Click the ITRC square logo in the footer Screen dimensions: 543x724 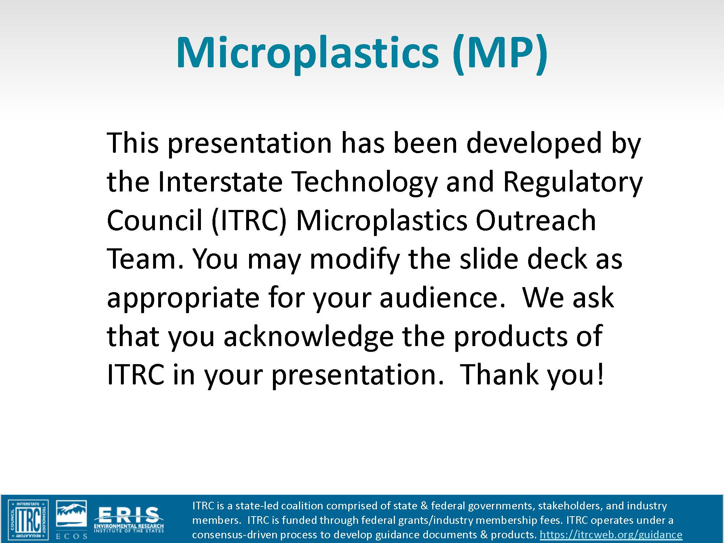point(28,519)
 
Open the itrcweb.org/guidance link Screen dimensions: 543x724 point(611,535)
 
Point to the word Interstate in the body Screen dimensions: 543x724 point(220,182)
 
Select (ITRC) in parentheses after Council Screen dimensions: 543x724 point(249,220)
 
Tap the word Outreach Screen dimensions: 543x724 point(535,220)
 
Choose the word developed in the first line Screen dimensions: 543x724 point(534,143)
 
